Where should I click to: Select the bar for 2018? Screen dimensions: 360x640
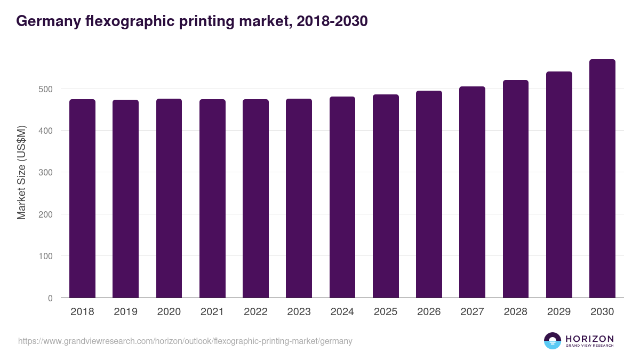(82, 198)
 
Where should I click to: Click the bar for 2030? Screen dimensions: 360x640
(602, 179)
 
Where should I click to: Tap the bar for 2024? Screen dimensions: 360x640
(342, 197)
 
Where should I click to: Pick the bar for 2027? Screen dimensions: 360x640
(472, 192)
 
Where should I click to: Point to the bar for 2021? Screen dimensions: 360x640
(212, 198)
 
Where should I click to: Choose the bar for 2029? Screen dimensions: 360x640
(559, 185)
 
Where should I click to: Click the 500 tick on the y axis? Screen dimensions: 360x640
(46, 89)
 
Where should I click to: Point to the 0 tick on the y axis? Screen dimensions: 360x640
(50, 298)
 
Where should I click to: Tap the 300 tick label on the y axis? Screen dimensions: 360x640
(46, 173)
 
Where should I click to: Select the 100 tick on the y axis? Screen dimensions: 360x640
(46, 257)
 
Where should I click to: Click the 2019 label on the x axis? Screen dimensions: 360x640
(125, 312)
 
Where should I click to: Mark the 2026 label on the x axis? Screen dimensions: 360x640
(429, 312)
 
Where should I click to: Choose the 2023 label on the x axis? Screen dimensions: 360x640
(299, 312)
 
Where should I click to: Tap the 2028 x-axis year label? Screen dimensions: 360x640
(516, 312)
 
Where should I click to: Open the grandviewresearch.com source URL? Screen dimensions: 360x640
(185, 341)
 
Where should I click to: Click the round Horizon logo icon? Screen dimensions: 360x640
(552, 341)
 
